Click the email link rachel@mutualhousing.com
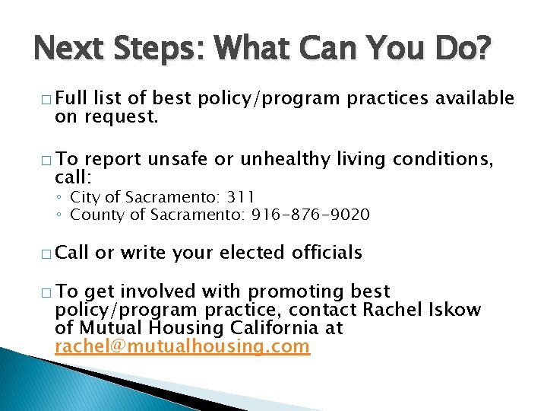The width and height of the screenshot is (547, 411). tap(182, 347)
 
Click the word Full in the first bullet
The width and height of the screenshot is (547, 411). tap(72, 98)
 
